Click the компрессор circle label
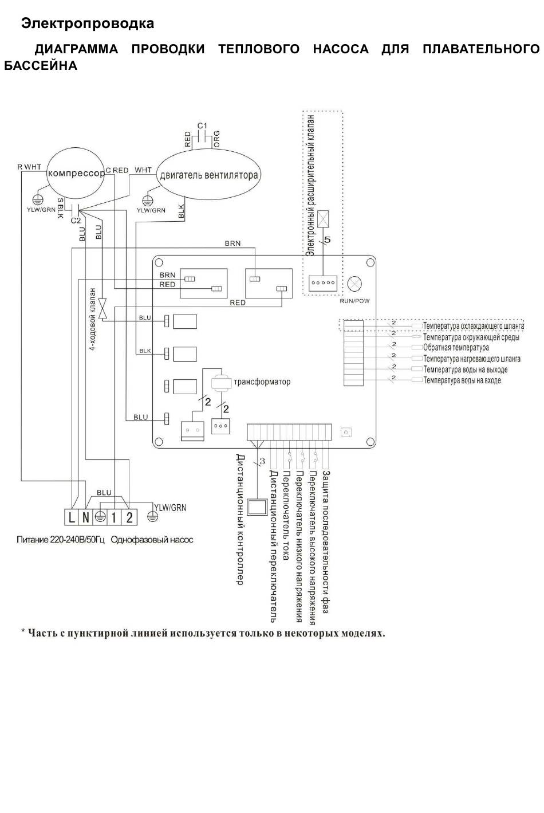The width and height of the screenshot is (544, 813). [x=76, y=173]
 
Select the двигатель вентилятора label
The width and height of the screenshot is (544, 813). [x=209, y=175]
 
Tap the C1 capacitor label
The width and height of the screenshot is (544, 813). [x=202, y=125]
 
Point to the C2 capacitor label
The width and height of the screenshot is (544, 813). [x=76, y=221]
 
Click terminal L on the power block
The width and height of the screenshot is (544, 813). [x=72, y=517]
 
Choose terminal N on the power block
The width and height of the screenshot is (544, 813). [x=85, y=517]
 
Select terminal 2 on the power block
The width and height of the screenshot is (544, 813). [x=129, y=517]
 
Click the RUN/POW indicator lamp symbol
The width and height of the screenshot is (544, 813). [x=354, y=284]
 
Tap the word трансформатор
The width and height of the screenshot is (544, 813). [x=262, y=382]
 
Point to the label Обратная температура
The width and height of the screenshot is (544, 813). [x=456, y=348]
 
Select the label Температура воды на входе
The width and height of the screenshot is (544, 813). [x=462, y=380]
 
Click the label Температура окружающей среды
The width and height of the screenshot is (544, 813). [x=471, y=337]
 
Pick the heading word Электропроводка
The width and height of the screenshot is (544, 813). [x=88, y=23]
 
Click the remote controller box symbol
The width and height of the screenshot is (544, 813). [x=257, y=506]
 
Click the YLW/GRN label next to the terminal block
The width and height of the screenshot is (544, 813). [x=170, y=508]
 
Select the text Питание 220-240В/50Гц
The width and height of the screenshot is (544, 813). [x=61, y=540]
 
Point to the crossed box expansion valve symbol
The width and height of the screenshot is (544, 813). [x=323, y=219]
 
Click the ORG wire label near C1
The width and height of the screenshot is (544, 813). [x=216, y=139]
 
